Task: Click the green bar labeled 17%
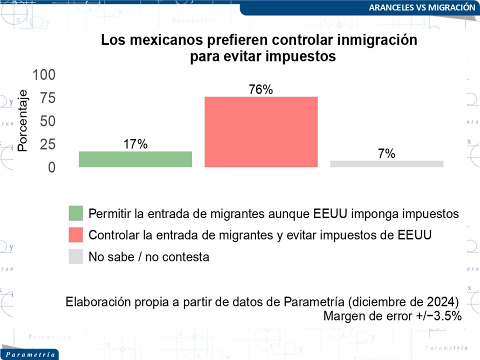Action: coord(135,159)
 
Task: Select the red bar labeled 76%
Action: coord(261,131)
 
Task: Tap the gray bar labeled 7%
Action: coord(386,164)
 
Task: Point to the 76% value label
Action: coord(261,90)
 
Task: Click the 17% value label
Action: coord(135,144)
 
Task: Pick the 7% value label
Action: coord(386,154)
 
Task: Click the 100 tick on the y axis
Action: coord(44,75)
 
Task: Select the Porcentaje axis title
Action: coord(22,120)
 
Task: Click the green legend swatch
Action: coord(76,213)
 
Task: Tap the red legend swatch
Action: coord(76,234)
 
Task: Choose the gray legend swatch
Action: coord(76,256)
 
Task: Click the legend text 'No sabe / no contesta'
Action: coord(148,257)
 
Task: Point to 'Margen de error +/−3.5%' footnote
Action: coord(392,316)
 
